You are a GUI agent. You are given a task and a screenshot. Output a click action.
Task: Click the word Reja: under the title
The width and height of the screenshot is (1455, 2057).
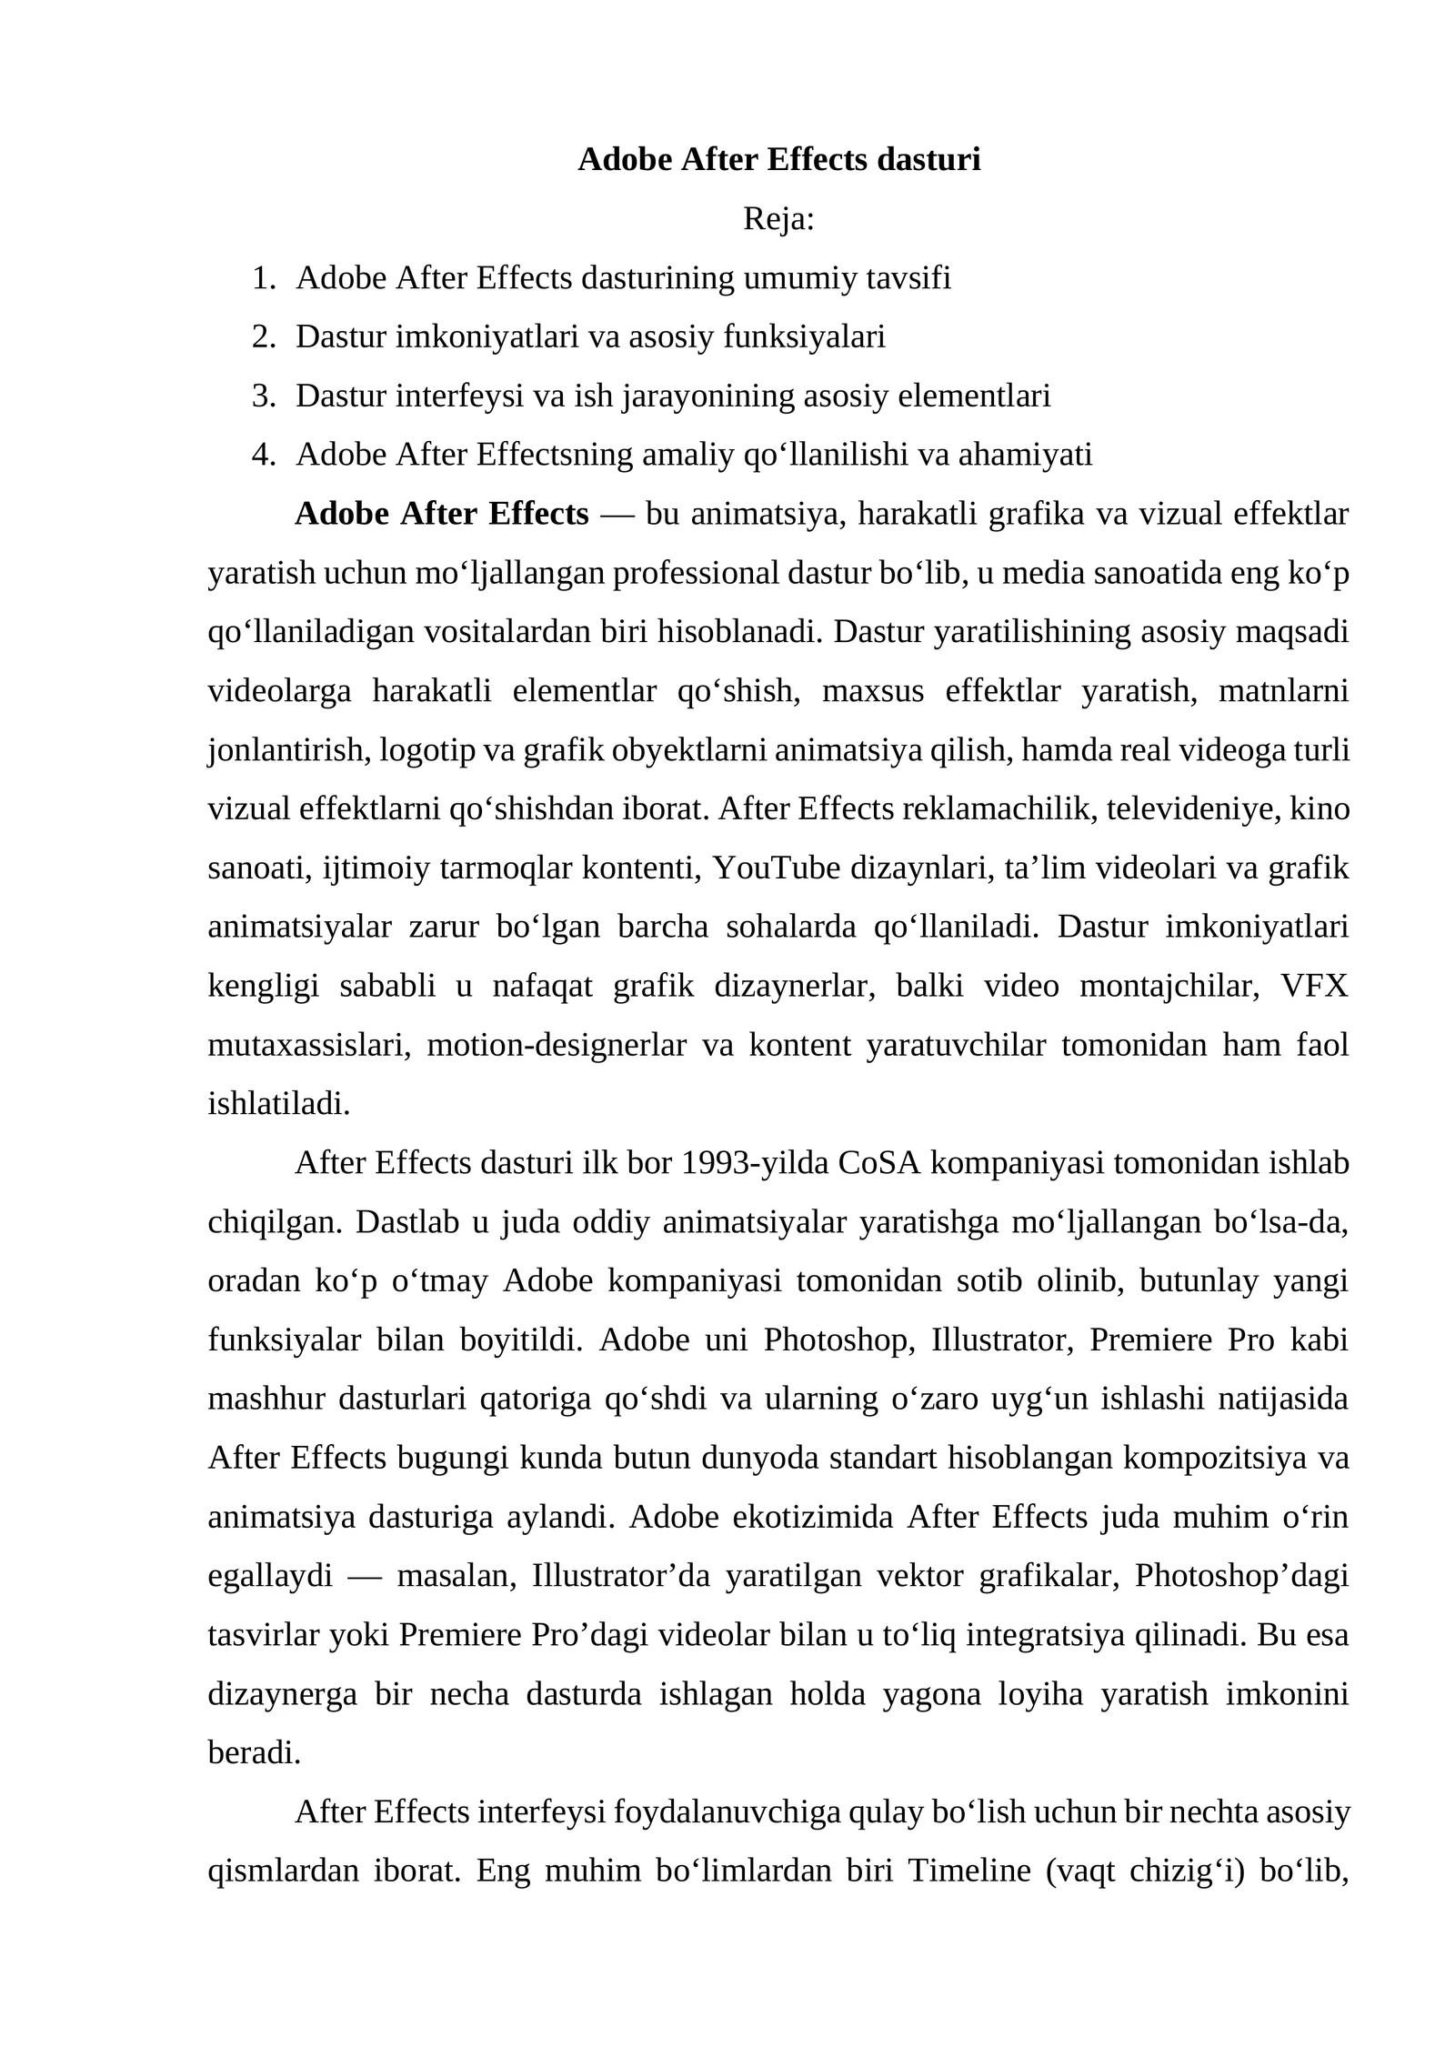(x=778, y=219)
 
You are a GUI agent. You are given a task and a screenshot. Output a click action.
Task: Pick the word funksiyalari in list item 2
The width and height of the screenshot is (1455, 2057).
(x=804, y=337)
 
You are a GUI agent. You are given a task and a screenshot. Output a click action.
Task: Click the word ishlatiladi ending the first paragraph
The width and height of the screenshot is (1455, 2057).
(x=279, y=1105)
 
